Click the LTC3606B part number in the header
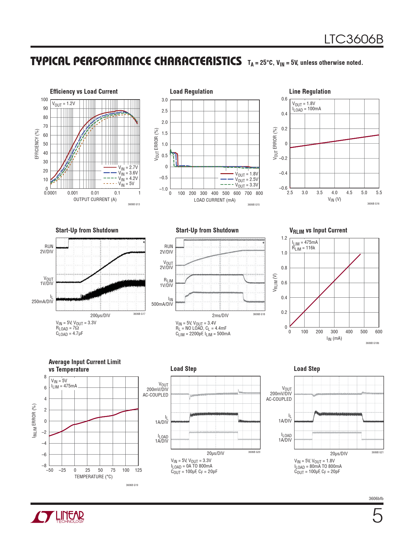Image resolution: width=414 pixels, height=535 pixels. tap(354, 39)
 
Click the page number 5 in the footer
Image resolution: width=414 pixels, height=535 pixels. tap(377, 516)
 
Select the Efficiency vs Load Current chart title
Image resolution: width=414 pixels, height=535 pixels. tap(84, 91)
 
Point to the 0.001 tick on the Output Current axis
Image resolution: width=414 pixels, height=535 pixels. tap(73, 193)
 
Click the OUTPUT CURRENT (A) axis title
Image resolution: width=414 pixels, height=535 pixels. tap(95, 199)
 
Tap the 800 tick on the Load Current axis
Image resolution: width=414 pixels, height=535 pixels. tap(259, 193)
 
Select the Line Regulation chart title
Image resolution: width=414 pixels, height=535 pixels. tap(310, 91)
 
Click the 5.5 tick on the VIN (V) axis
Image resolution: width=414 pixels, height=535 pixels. tap(379, 193)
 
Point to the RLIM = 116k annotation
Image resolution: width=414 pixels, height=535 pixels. tap(304, 248)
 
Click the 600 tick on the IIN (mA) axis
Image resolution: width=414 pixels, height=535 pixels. tap(379, 332)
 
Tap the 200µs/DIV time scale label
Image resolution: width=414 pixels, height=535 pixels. tap(100, 315)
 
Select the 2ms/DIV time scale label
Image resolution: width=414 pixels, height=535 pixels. tap(220, 315)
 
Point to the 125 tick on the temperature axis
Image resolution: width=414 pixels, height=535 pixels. tap(138, 470)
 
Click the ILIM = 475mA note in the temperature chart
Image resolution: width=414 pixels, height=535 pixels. tap(64, 386)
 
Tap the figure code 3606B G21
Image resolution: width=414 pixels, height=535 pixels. tap(377, 452)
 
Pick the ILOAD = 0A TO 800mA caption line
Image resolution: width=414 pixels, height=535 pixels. tap(192, 466)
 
